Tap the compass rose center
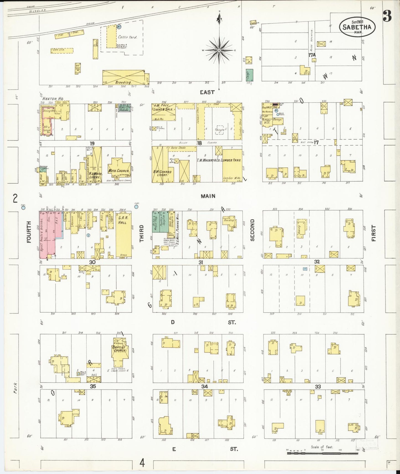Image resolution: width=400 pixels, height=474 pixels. pos(219,50)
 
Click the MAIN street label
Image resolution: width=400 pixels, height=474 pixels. pos(208,196)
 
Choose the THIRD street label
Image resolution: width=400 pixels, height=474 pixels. pos(142,233)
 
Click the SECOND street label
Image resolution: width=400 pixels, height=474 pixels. pos(252,230)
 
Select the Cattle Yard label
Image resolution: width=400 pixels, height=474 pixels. pos(127,37)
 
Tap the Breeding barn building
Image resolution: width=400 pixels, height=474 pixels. pos(123,77)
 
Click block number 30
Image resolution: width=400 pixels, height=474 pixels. pos(92,262)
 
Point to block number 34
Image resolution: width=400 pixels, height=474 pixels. pos(205,386)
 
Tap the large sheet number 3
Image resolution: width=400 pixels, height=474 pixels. pos(387,17)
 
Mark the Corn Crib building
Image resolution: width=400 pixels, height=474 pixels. pos(62,50)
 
